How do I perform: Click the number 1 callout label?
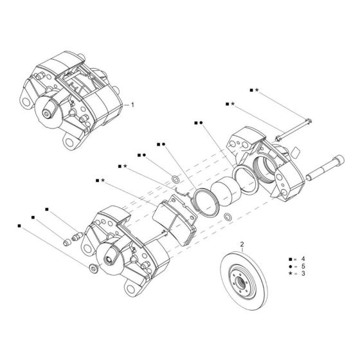[132, 104]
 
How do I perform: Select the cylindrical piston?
[225, 192]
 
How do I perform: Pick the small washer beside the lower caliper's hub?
[94, 267]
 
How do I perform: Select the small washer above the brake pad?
[176, 177]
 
